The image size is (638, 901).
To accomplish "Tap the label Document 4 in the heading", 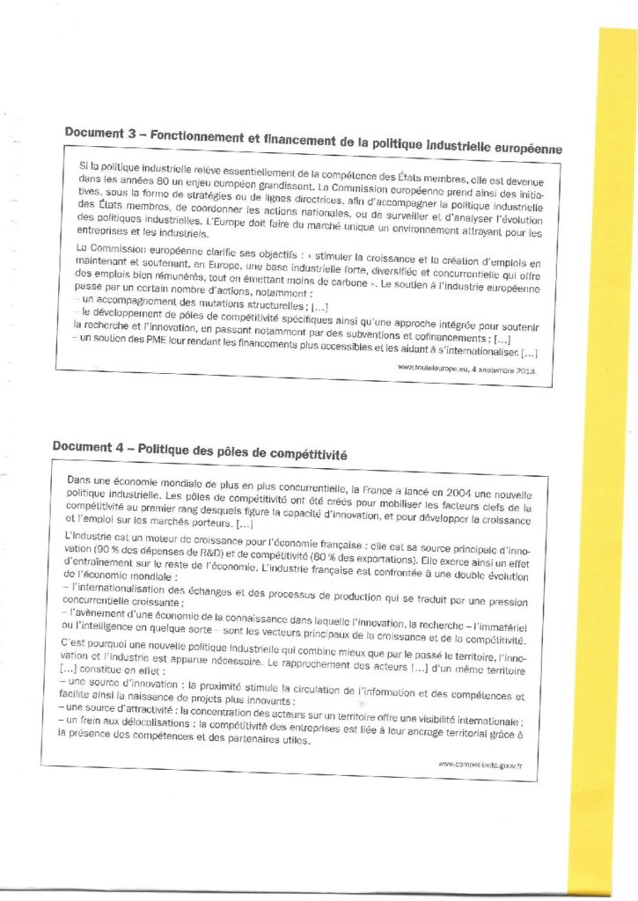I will [x=84, y=446].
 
